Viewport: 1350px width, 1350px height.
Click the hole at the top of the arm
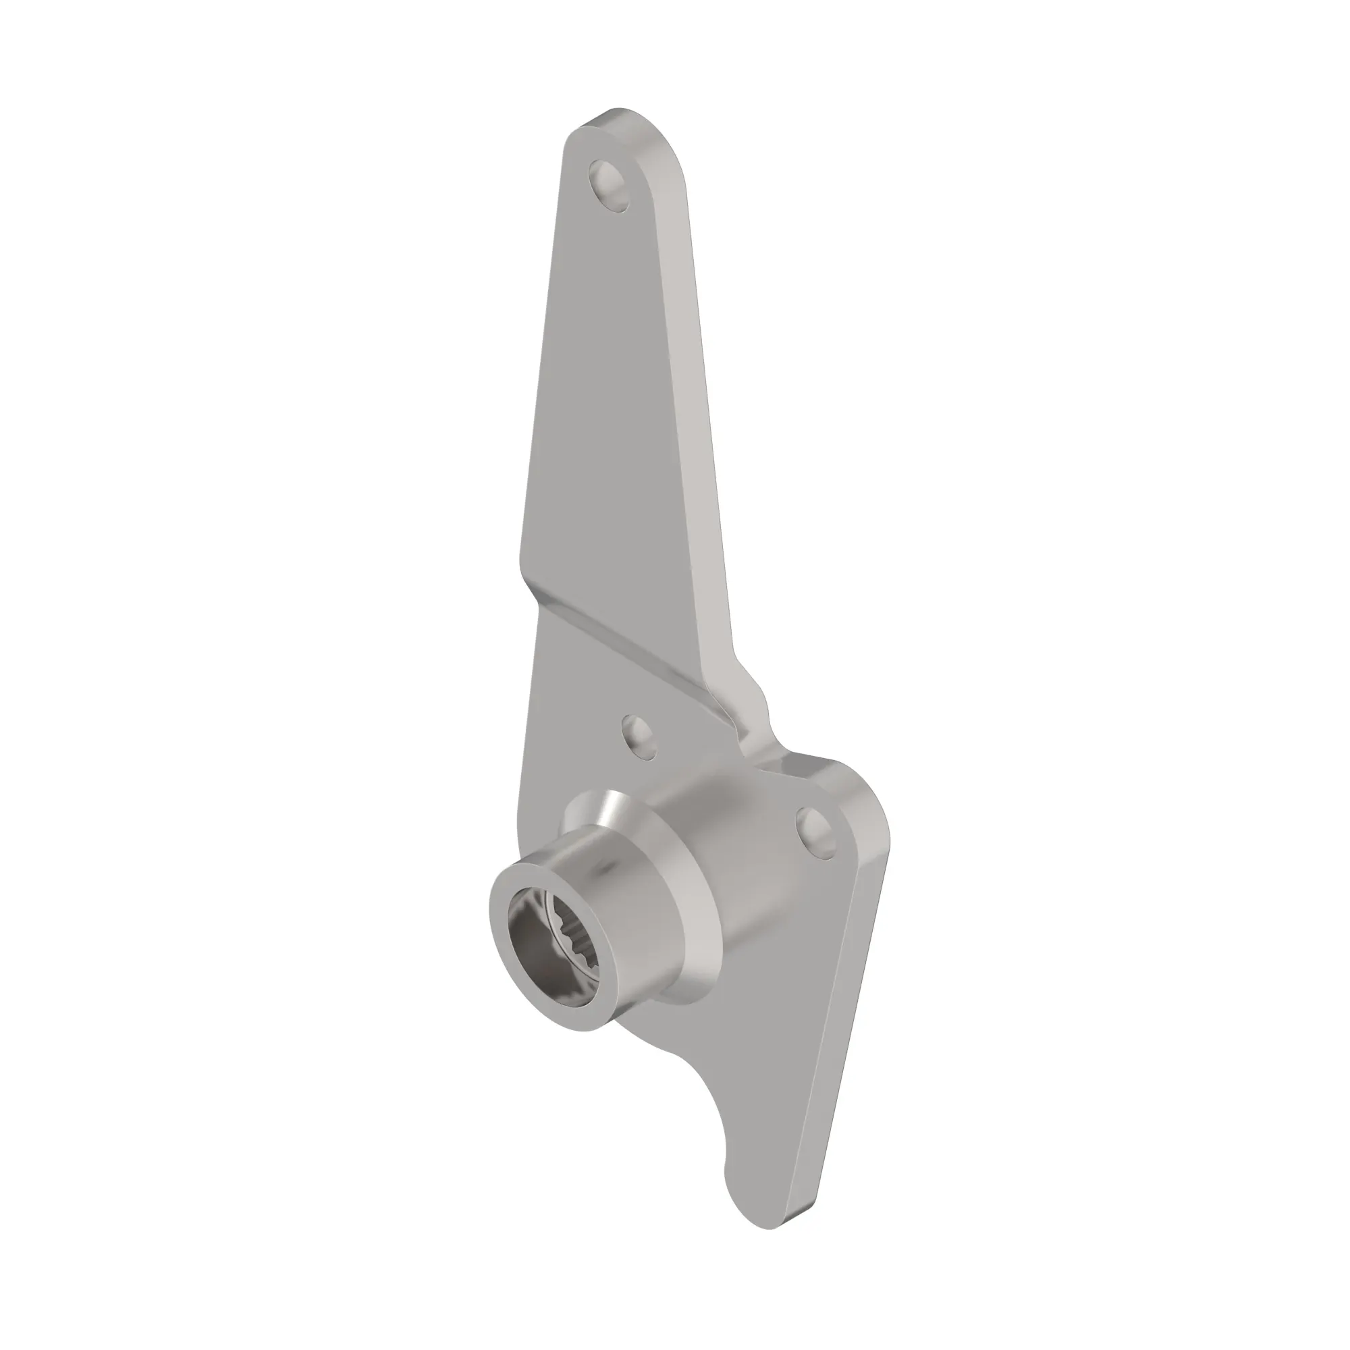coord(610,185)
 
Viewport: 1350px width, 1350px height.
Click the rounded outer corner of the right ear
coord(873,825)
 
